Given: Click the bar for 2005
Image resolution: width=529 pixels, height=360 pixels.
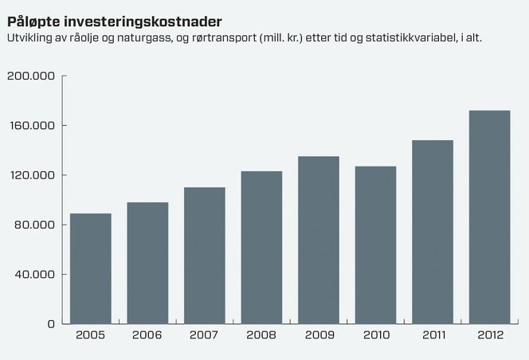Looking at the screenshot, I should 91,268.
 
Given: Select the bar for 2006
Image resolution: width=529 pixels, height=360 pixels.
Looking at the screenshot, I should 147,263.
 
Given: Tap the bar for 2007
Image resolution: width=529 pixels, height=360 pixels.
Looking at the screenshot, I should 205,255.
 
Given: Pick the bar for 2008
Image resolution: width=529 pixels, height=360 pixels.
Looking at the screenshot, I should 261,247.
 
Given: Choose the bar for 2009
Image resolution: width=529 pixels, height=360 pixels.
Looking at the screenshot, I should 319,240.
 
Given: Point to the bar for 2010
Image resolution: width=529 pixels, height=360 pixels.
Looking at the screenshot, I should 375,245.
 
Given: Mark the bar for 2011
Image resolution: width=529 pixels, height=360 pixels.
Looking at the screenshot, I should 433,232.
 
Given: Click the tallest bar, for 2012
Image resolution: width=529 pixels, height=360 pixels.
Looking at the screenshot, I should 489,217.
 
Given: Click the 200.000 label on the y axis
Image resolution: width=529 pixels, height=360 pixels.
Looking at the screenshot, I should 30,76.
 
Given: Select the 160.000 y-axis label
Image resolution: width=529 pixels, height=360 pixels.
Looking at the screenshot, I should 30,126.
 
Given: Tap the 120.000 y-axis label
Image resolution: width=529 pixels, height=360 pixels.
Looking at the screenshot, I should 30,175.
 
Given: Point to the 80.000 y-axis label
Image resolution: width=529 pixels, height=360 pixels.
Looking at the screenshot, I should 33,225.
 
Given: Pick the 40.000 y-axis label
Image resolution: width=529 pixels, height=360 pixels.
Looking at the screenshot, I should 33,275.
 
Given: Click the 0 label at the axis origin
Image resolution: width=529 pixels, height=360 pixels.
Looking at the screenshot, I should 50,324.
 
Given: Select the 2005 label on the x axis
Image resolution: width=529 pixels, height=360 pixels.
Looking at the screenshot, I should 91,335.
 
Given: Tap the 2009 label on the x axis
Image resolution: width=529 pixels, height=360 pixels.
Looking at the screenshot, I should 319,335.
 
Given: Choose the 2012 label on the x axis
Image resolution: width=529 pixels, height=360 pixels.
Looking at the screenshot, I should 489,335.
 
